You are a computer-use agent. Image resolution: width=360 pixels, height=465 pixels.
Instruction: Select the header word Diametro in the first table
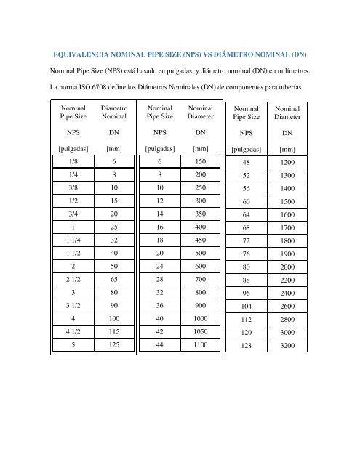click(x=114, y=107)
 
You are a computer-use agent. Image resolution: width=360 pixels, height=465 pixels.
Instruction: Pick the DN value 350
click(x=201, y=216)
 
